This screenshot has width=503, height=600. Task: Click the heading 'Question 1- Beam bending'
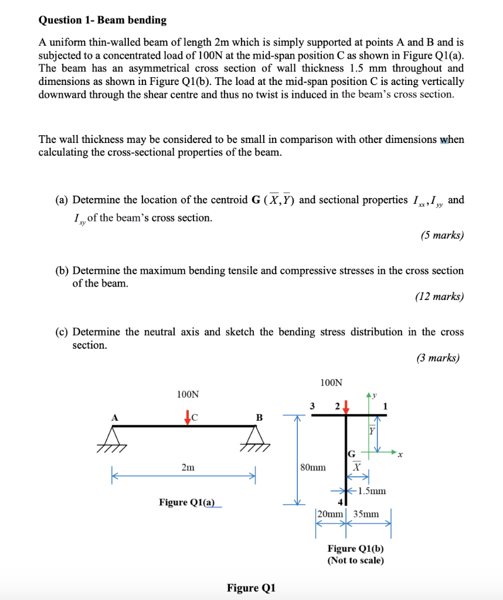[x=103, y=20]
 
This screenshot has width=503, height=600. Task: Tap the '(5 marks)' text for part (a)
[x=441, y=236]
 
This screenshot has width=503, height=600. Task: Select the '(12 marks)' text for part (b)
[x=439, y=296]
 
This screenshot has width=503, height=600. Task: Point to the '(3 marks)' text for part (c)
[x=437, y=358]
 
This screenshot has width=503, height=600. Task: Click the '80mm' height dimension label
[x=312, y=468]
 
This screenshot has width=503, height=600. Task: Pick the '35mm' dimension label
[x=366, y=514]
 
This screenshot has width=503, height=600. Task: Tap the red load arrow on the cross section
[x=347, y=407]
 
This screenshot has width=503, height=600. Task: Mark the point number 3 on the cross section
[x=312, y=405]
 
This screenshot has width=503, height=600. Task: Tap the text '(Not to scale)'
[x=356, y=560]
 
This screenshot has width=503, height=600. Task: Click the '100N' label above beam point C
[x=188, y=394]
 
